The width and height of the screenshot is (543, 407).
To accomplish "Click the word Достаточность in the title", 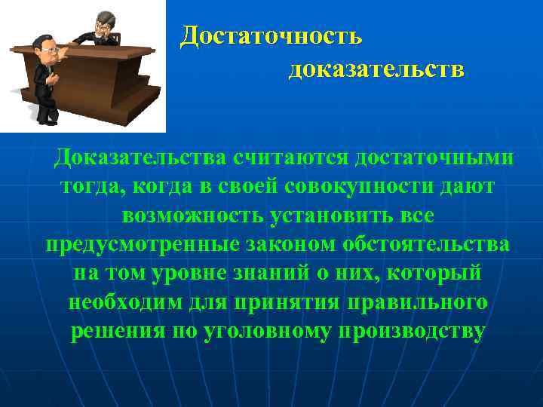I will tap(271, 36).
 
